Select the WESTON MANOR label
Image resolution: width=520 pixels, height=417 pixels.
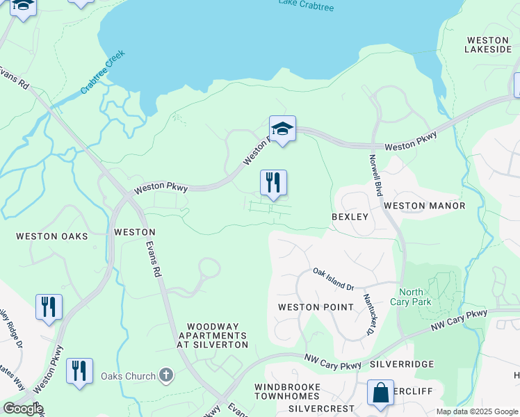coord(424,206)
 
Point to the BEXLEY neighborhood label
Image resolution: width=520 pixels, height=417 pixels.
coord(350,217)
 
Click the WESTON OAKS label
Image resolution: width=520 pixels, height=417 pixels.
coord(52,236)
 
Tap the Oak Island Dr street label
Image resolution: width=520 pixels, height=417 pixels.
coord(333,279)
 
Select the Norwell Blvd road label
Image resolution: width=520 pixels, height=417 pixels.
coord(374,174)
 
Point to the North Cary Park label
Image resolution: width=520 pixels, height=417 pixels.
coord(415,297)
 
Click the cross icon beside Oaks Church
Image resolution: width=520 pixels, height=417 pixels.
coord(165,376)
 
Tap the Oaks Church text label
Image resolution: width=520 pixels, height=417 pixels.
coord(128,377)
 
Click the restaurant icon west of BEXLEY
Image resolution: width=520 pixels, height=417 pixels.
coord(273,183)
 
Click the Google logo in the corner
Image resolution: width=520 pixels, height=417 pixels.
coord(22,408)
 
